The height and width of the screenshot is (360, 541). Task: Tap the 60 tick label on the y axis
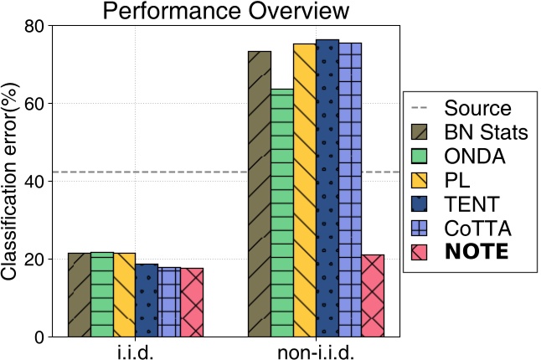click(x=34, y=104)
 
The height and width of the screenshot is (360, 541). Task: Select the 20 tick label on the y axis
click(x=34, y=260)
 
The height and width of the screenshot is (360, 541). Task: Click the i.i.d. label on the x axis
click(x=136, y=352)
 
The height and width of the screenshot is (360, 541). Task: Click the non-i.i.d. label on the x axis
click(x=317, y=352)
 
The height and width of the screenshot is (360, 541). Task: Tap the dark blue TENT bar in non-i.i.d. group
click(x=327, y=188)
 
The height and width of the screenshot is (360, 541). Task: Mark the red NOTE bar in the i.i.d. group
click(x=192, y=302)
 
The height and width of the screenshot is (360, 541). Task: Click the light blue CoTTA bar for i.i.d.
click(x=169, y=302)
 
